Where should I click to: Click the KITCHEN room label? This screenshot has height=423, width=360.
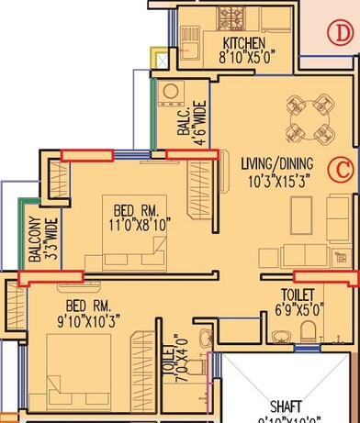coord(244,43)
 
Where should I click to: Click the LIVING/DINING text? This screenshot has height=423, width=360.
coord(276,163)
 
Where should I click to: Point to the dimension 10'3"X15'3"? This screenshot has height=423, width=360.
coord(276,181)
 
